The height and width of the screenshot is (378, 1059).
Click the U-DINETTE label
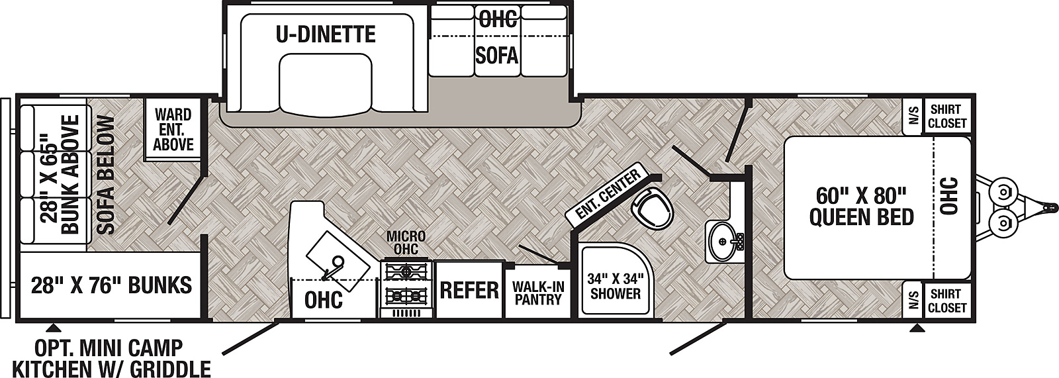pos(326,34)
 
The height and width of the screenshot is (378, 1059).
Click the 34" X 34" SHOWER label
pos(615,286)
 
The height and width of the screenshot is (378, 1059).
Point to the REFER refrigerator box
pos(469,290)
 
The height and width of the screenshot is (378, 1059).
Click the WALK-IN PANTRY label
pos(537,293)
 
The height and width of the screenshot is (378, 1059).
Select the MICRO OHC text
pos(406,242)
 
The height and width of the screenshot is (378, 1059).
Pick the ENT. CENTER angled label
pos(608,194)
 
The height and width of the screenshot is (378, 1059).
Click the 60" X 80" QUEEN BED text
pos(861,206)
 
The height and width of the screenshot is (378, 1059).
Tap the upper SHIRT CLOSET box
pos(947,117)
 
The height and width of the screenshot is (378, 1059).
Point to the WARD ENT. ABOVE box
pos(173,130)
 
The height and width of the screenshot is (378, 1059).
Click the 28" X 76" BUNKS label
pos(111,285)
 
